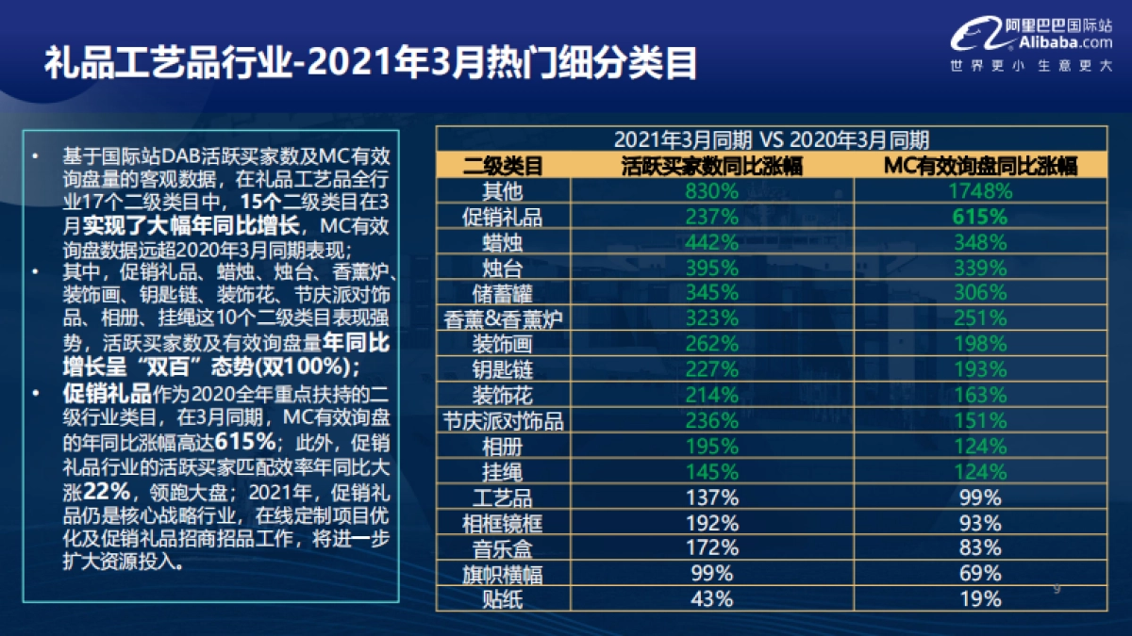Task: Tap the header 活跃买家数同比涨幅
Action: tap(711, 167)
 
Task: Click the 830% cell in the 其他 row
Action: tap(711, 191)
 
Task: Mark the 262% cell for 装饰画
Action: tap(711, 344)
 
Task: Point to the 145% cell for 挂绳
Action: tap(711, 471)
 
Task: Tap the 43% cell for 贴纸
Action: tap(711, 598)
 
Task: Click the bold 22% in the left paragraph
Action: tap(103, 491)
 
